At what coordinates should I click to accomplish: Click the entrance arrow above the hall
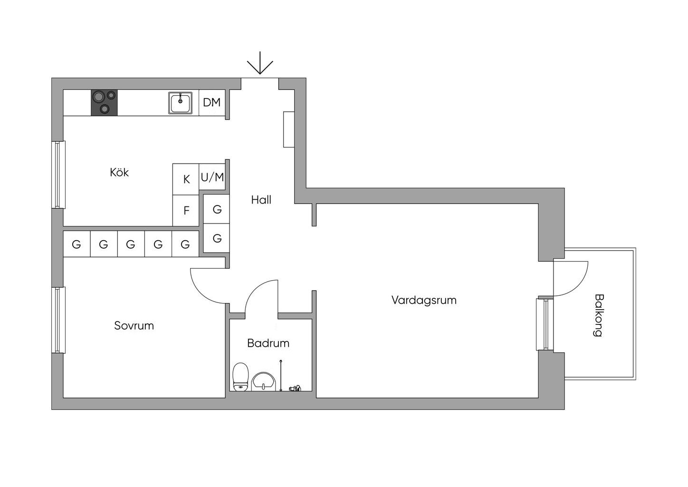260,67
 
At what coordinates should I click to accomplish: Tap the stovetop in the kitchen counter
105,103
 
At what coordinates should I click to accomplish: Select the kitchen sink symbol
180,103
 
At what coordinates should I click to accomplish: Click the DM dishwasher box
211,102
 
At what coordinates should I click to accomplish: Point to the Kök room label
119,172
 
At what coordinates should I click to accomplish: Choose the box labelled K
186,179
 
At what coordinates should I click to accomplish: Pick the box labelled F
186,210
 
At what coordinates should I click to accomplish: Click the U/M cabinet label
212,177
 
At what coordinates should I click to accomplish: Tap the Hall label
261,200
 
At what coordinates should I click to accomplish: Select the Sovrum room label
134,326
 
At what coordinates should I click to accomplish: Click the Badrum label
268,343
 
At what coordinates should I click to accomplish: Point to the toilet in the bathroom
241,376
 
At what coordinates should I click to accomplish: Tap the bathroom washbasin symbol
263,381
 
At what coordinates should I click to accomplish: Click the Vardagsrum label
424,300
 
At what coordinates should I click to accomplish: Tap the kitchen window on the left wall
58,175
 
